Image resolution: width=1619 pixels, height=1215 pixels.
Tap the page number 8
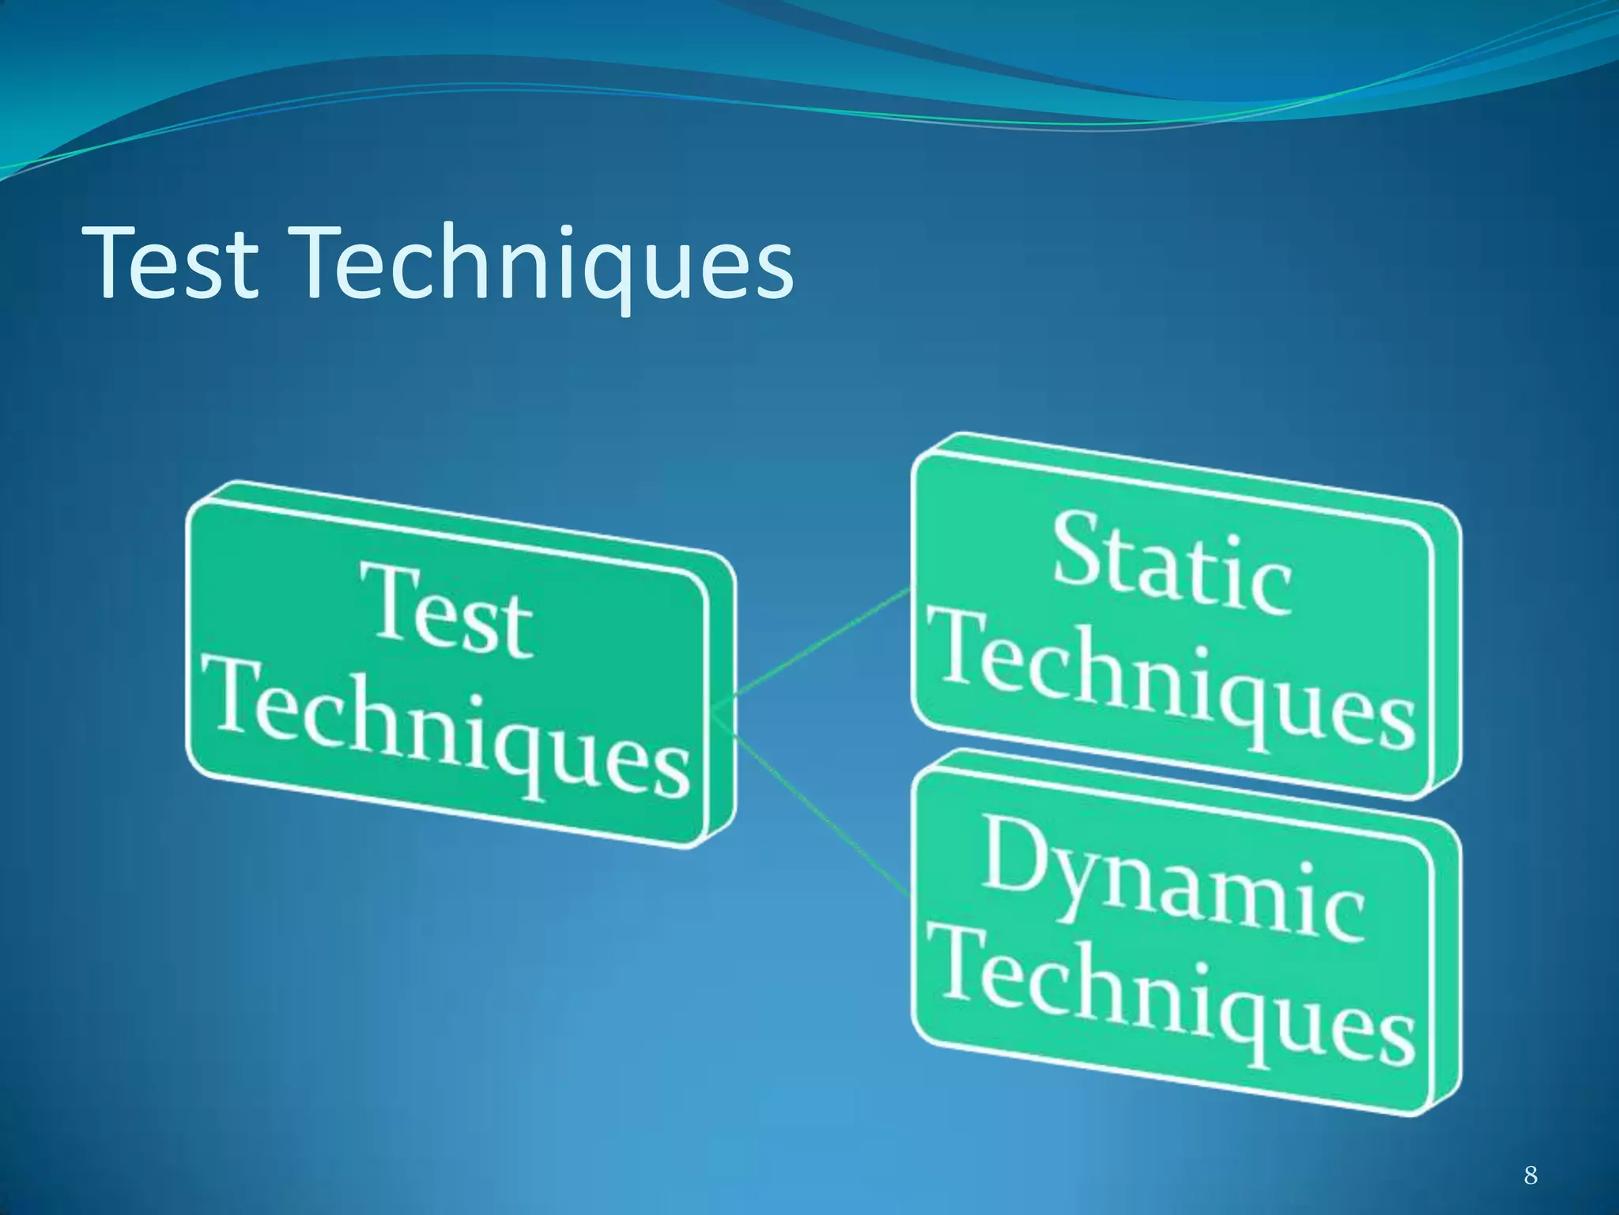tap(1530, 1153)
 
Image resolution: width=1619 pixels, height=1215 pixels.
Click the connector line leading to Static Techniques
tap(822, 642)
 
